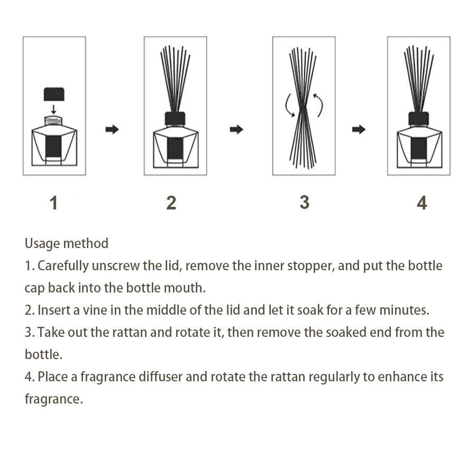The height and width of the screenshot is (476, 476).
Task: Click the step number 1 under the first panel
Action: (x=53, y=203)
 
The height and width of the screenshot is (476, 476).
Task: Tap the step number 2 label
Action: (x=171, y=203)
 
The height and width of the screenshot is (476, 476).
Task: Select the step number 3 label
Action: (x=304, y=203)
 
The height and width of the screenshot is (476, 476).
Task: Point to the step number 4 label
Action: (x=422, y=203)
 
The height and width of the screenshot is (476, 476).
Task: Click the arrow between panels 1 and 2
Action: (x=112, y=130)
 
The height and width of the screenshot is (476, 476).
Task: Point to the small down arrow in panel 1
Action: (x=53, y=109)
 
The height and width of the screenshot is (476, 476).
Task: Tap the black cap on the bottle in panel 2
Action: (x=175, y=118)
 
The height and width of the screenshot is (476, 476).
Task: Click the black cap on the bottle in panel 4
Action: (x=418, y=118)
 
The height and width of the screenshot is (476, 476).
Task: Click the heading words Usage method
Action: (x=67, y=243)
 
